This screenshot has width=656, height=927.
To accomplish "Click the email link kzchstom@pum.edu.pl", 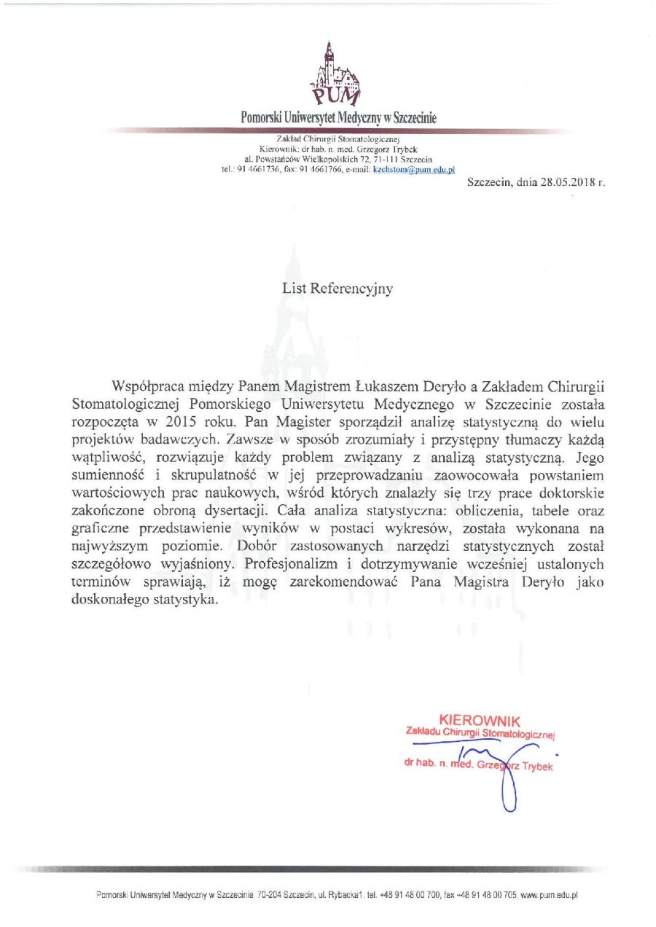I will (x=414, y=169).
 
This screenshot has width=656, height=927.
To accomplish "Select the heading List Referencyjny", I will (x=337, y=289).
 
